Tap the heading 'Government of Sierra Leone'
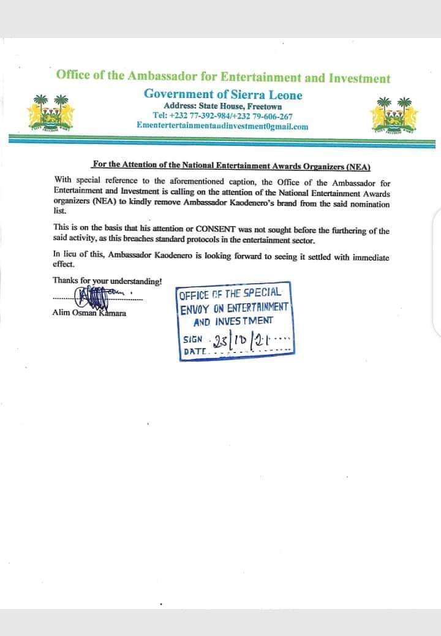point(223,94)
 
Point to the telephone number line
point(223,116)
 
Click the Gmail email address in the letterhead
point(223,126)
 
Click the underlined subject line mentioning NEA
point(231,166)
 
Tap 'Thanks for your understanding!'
point(107,281)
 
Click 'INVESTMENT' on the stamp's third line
point(249,321)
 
